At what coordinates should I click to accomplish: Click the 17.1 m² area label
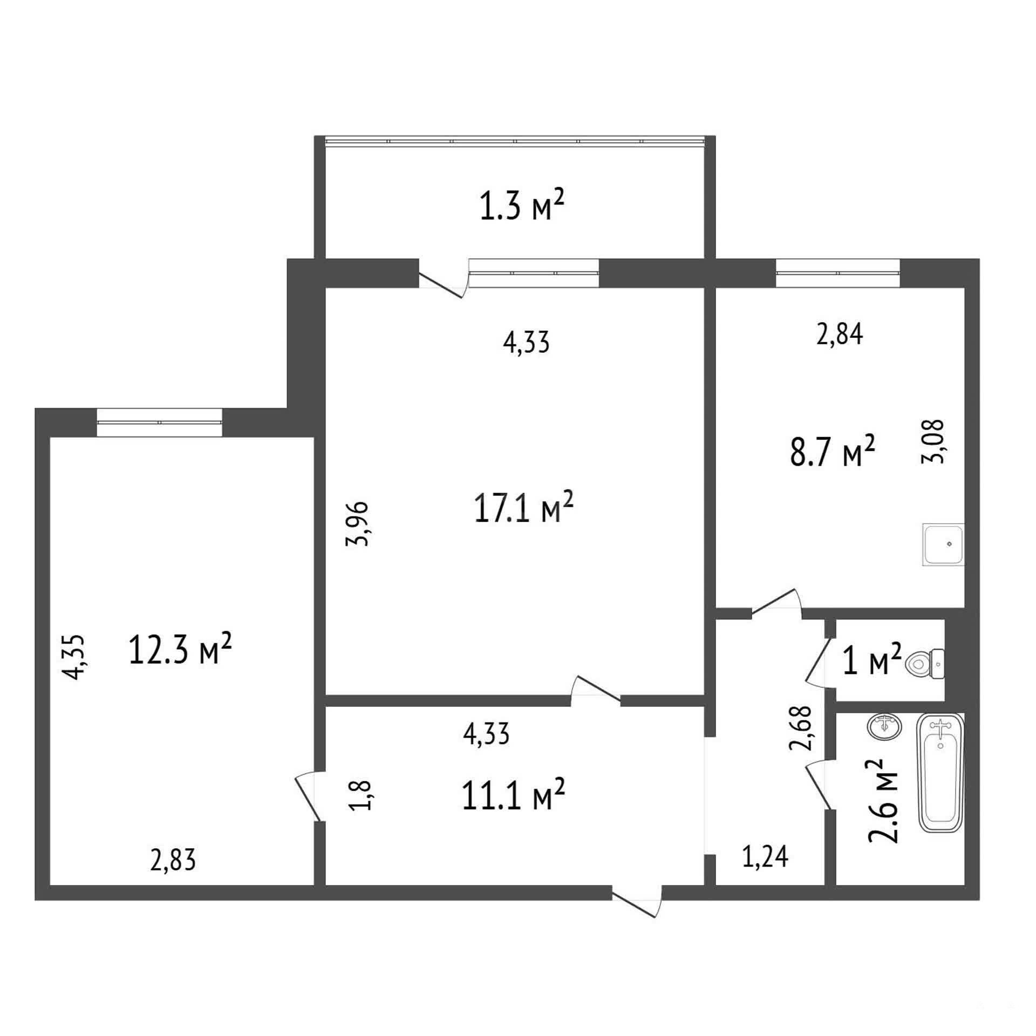(523, 507)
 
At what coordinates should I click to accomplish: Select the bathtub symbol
(941, 772)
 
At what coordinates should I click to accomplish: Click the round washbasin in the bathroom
(884, 727)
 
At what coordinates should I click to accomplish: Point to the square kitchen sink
(943, 544)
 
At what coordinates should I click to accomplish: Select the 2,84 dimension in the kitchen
(840, 334)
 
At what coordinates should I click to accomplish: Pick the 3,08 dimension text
(933, 441)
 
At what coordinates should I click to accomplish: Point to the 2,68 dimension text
(800, 728)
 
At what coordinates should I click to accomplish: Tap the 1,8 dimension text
(359, 795)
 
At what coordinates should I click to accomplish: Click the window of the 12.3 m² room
(159, 422)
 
